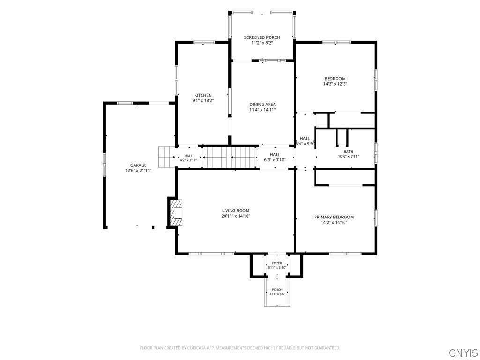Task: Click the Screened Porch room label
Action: click(x=262, y=37)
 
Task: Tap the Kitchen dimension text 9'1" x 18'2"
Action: click(x=203, y=100)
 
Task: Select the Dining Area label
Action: click(x=262, y=105)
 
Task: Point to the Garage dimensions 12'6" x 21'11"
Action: click(x=138, y=171)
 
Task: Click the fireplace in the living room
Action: click(x=175, y=213)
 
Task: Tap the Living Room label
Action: click(x=236, y=210)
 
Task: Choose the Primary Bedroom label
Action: click(x=334, y=217)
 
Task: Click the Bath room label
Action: click(x=348, y=152)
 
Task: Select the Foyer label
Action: click(x=277, y=263)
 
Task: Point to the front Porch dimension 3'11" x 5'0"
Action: click(x=277, y=294)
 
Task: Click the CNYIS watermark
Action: click(x=463, y=352)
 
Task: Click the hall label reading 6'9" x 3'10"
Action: click(x=275, y=160)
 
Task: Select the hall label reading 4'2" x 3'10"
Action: click(x=188, y=160)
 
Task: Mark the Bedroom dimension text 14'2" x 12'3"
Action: click(x=335, y=84)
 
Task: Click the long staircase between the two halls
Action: click(x=230, y=157)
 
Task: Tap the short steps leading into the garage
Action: click(x=167, y=157)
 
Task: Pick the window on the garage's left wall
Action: click(x=105, y=165)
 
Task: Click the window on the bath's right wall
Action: click(x=375, y=152)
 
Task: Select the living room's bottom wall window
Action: click(x=211, y=254)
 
